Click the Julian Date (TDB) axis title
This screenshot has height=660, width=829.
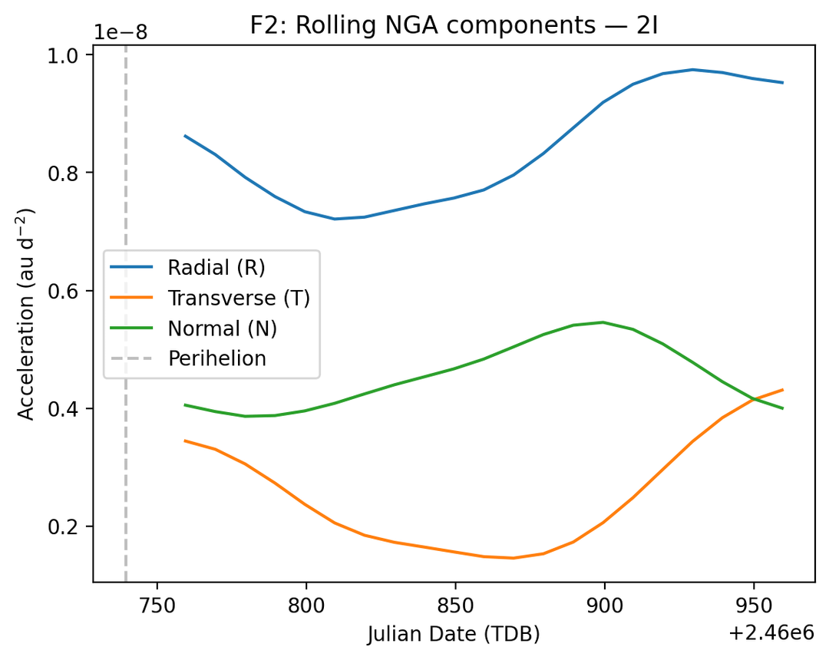point(454,634)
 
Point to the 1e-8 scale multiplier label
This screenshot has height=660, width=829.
point(121,32)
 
